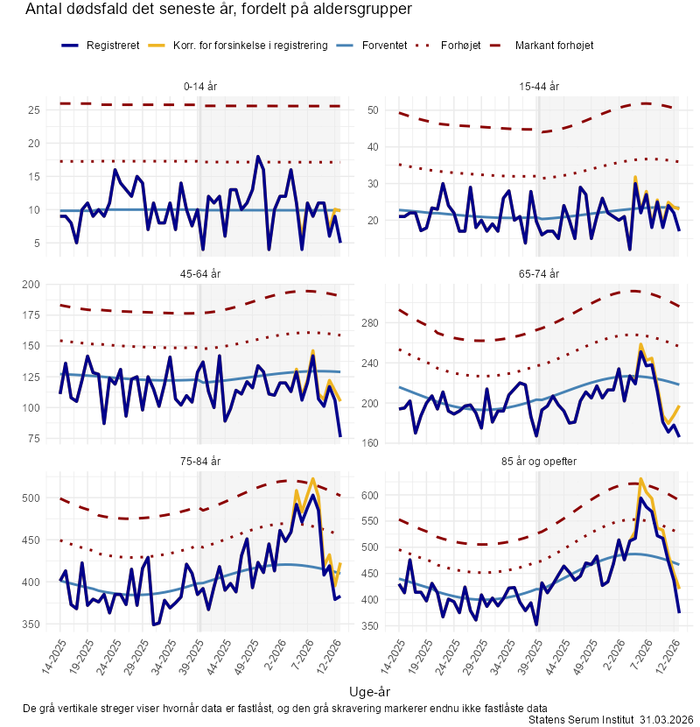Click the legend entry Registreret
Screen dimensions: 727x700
coord(113,45)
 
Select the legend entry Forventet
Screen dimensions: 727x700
coord(386,45)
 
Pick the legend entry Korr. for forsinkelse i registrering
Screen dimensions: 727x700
coord(250,45)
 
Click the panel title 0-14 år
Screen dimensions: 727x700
coord(201,87)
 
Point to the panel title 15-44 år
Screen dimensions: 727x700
coord(539,87)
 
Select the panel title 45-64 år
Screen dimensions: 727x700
coord(201,274)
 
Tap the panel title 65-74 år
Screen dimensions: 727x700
coord(539,274)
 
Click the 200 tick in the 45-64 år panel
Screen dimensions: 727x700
coord(31,285)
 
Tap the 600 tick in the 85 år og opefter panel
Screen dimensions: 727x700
coord(370,496)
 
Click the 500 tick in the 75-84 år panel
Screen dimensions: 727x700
coord(31,498)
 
